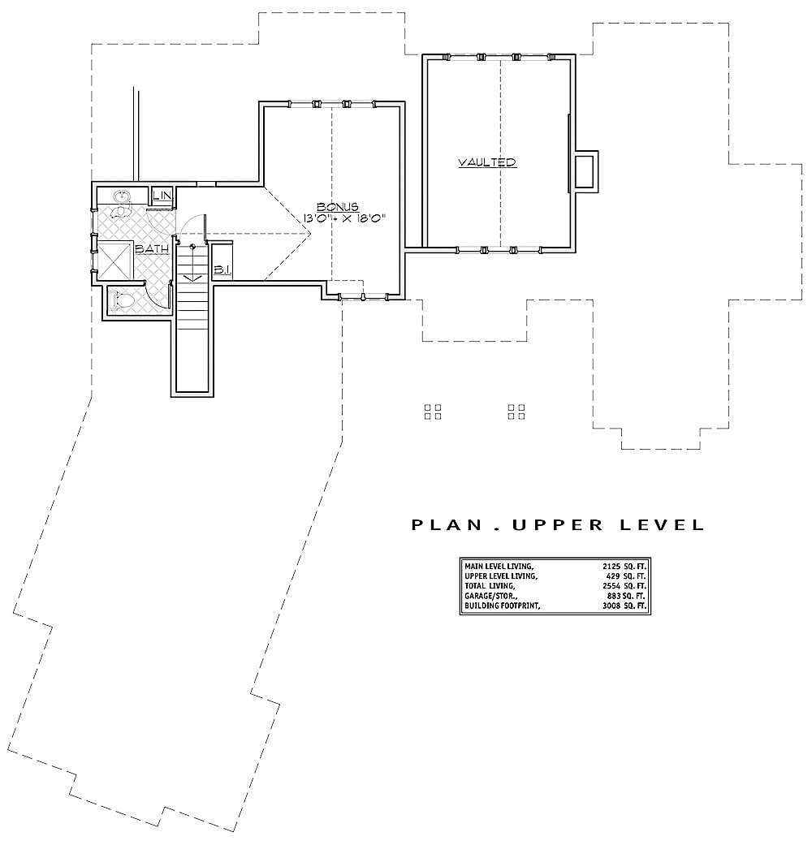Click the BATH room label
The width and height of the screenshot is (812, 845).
click(x=151, y=249)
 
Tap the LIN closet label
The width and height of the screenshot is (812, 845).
click(x=162, y=196)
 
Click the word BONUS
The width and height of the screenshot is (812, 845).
click(x=338, y=207)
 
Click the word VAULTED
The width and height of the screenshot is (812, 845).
click(x=487, y=162)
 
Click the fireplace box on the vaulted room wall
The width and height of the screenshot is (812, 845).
click(x=585, y=171)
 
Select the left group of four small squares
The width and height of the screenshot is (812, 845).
click(x=433, y=412)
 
